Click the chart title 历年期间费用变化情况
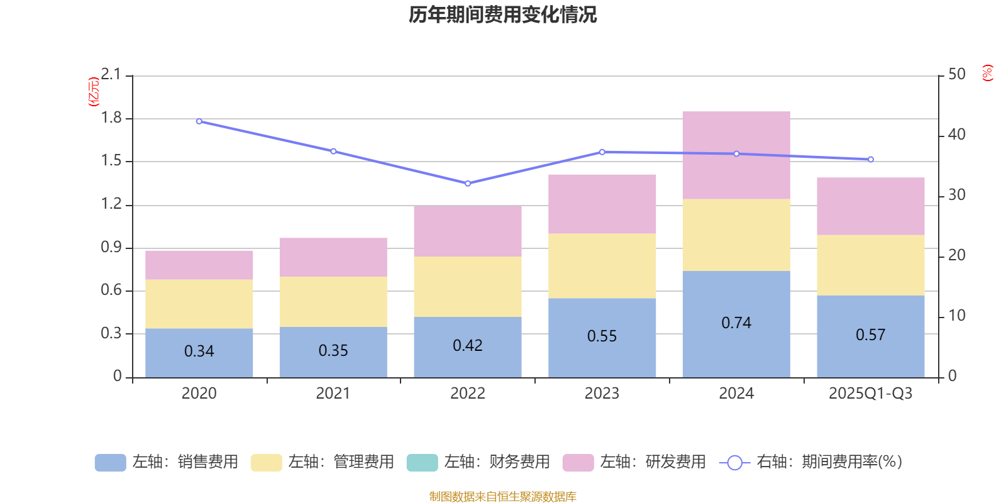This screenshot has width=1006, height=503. (x=502, y=15)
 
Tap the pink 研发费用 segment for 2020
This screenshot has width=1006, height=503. (x=199, y=265)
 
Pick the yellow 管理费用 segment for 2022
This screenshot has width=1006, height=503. (x=467, y=286)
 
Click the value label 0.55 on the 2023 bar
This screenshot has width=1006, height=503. (x=602, y=336)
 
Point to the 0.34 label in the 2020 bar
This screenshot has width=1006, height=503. (x=199, y=351)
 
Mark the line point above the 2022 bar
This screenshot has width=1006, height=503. (x=467, y=184)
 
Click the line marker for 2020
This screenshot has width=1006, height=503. (x=199, y=121)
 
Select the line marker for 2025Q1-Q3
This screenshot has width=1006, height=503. (x=870, y=160)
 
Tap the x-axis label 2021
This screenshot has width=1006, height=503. (x=333, y=394)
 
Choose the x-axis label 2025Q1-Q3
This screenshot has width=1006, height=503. (x=870, y=394)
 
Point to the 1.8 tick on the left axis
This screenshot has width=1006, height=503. (x=111, y=118)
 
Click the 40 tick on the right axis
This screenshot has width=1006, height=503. (x=956, y=135)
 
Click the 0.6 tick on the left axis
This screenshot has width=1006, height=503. (x=111, y=290)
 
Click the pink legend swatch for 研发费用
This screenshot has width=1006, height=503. (x=578, y=463)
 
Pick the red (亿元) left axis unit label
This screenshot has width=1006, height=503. (x=94, y=92)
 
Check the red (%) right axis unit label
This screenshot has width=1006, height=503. (x=987, y=73)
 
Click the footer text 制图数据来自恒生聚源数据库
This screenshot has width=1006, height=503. (x=502, y=497)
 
